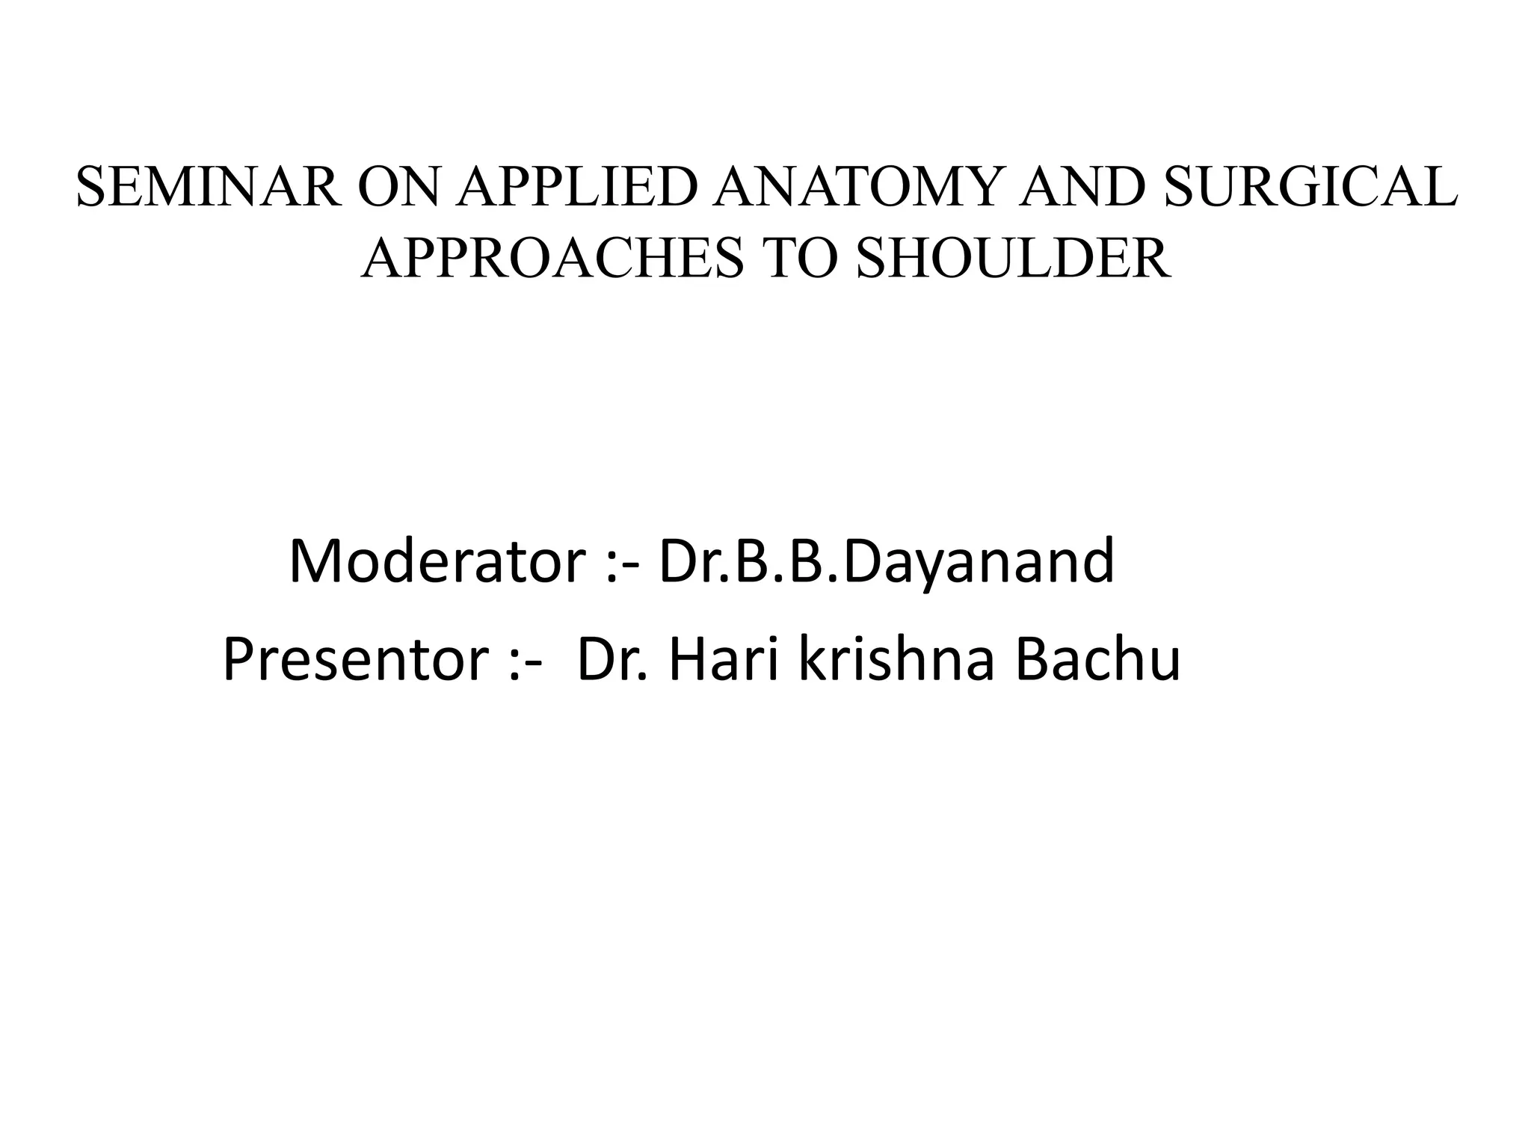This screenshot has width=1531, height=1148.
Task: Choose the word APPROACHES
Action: [552, 258]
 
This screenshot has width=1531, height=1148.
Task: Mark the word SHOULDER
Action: [1014, 258]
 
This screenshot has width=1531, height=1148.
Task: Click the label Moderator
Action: [436, 561]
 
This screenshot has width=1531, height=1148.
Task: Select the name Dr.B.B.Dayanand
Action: [887, 561]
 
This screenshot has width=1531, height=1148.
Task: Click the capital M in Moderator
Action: [313, 561]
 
